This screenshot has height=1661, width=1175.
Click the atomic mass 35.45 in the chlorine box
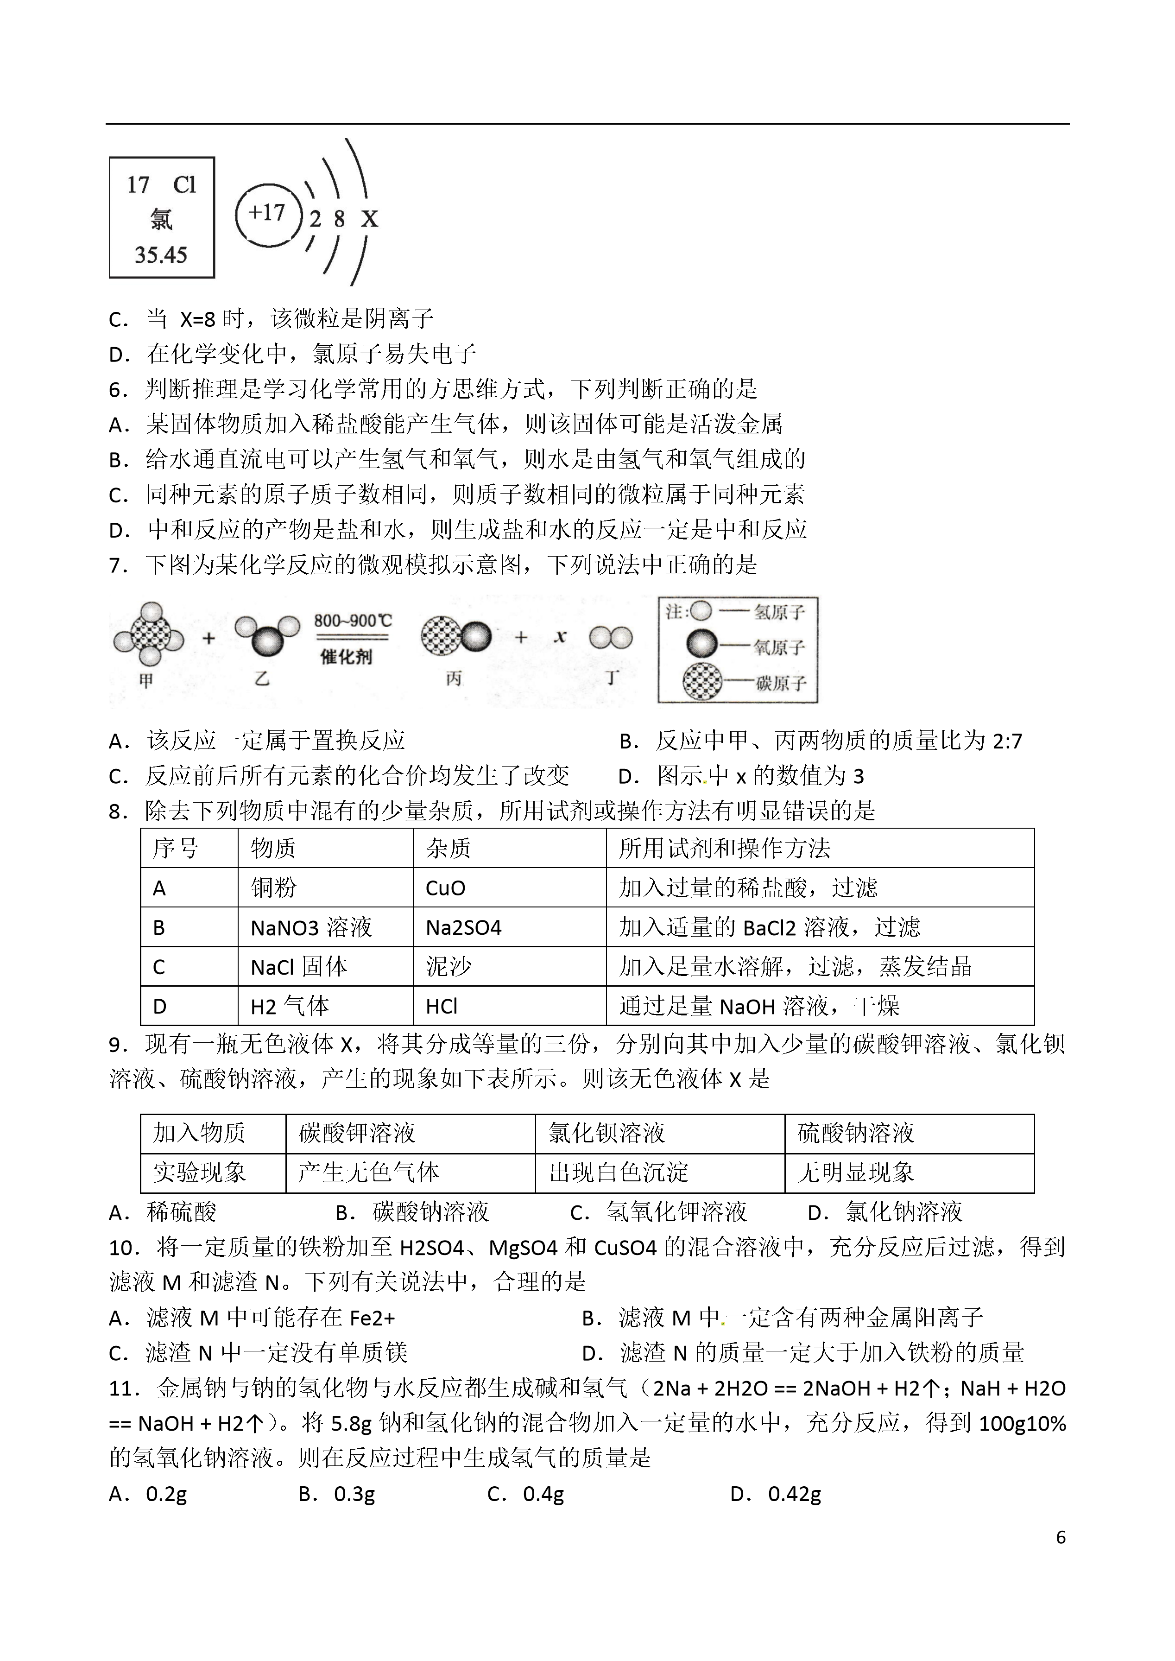[161, 255]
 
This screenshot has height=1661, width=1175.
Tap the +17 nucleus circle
[267, 214]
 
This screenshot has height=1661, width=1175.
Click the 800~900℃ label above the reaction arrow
[352, 621]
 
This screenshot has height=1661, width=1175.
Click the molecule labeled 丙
[456, 637]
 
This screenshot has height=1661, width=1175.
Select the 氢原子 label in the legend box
[779, 612]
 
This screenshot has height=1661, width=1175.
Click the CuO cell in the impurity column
[446, 888]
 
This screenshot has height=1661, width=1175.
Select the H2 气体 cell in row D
[290, 1006]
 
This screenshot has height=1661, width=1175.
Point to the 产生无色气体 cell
[368, 1173]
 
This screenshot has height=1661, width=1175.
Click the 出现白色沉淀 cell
[619, 1173]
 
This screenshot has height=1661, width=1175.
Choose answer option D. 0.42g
[777, 1494]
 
